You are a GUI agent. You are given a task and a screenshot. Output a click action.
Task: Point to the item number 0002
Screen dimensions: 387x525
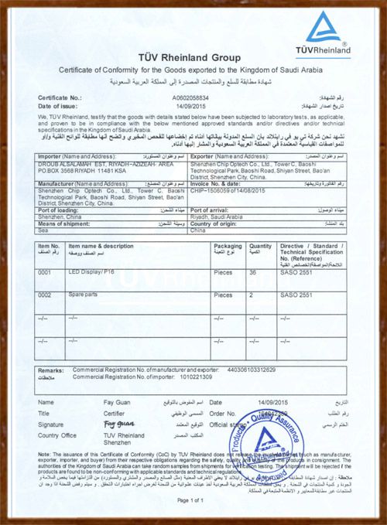coord(46,295)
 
